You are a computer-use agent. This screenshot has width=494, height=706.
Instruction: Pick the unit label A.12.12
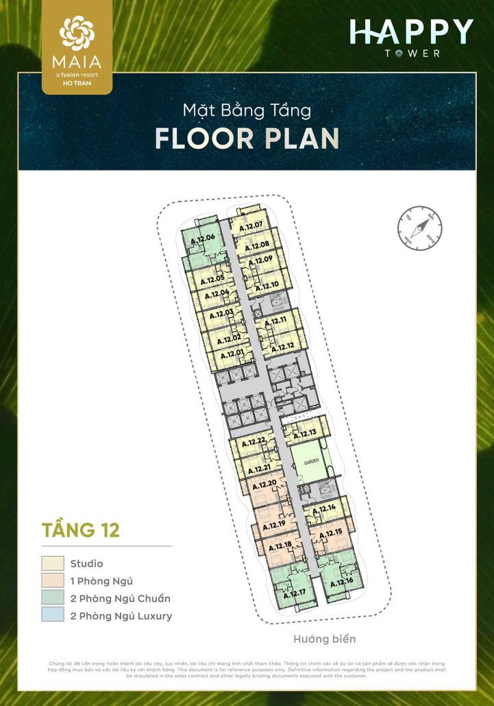coord(282,348)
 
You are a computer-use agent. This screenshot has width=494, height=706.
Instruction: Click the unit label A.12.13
coord(304,433)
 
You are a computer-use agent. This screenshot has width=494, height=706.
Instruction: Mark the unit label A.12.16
coord(341,583)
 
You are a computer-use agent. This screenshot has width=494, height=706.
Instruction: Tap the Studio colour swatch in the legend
coord(53,563)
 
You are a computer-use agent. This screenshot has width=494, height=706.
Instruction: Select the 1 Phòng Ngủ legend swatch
coord(53,581)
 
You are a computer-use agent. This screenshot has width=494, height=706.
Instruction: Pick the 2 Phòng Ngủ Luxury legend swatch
coord(53,616)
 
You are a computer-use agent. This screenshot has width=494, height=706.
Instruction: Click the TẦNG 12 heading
coord(81,530)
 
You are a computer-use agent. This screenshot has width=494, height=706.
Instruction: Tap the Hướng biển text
coord(325,640)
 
